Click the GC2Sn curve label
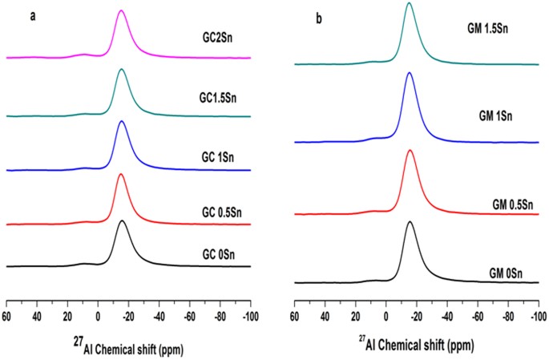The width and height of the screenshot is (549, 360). (x=218, y=36)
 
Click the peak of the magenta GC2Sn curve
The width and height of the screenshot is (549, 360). (x=121, y=10)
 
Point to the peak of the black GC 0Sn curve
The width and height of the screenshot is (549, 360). (x=122, y=220)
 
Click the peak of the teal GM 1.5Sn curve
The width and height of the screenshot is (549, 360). (x=409, y=3)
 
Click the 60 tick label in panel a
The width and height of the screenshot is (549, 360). (x=7, y=306)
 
